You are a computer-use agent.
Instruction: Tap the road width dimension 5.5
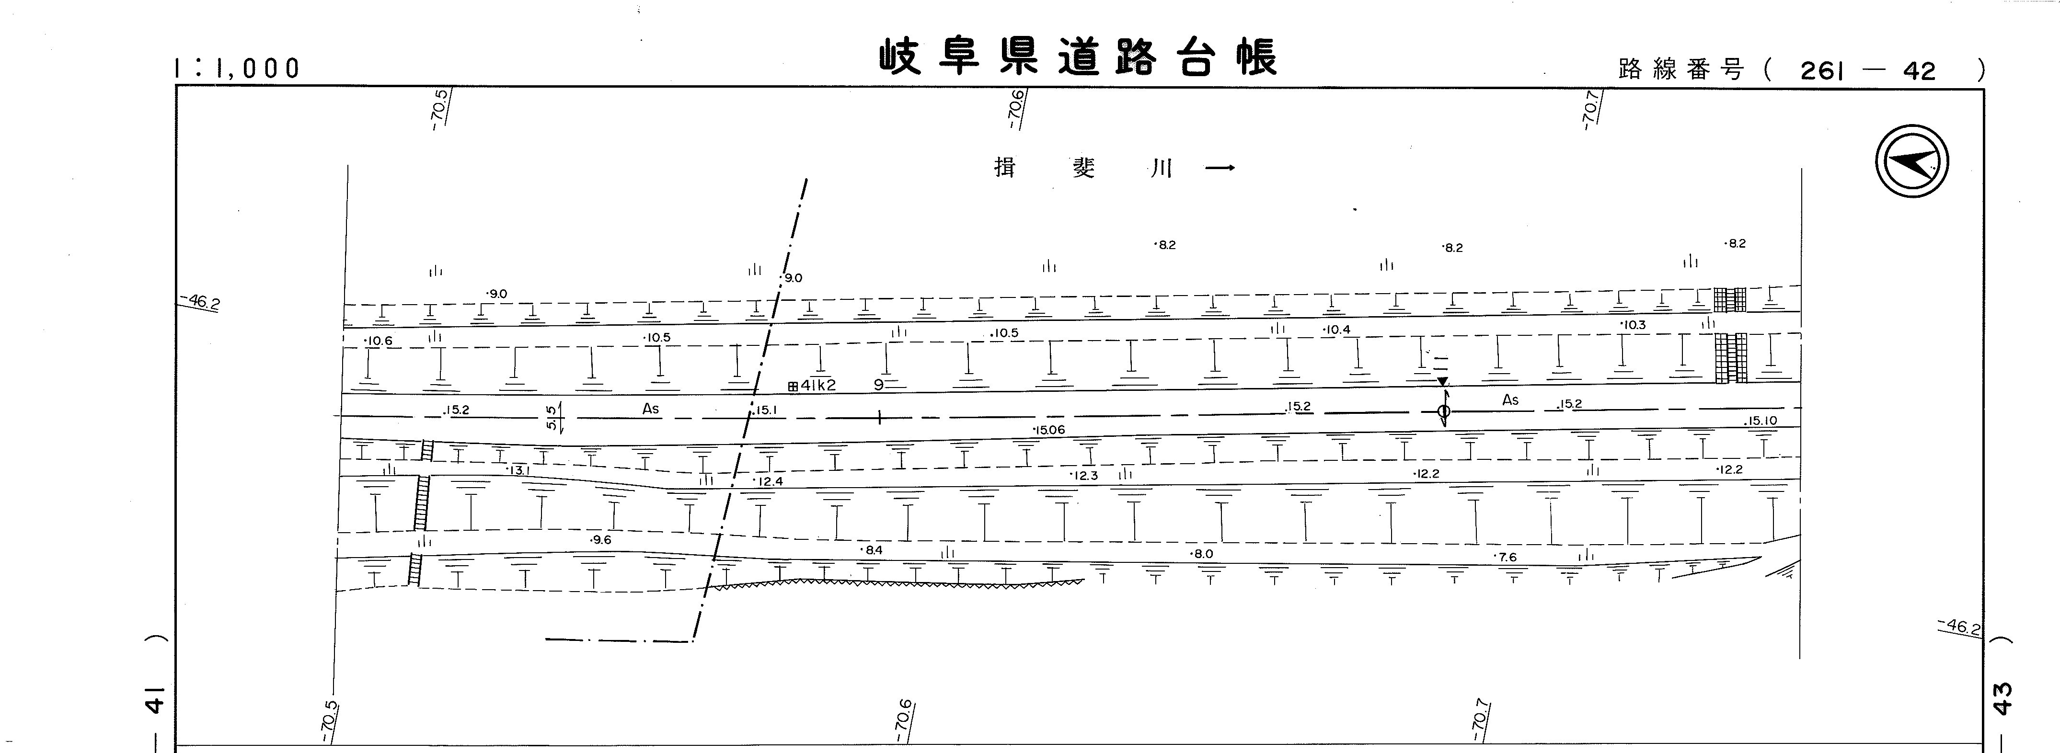point(551,417)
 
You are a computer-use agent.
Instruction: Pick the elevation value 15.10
point(1762,421)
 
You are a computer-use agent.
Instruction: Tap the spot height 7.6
point(1506,557)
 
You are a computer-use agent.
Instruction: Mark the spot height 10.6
point(378,341)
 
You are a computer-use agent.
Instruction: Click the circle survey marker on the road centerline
point(1443,411)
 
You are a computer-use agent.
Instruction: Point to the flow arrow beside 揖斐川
point(1220,168)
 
